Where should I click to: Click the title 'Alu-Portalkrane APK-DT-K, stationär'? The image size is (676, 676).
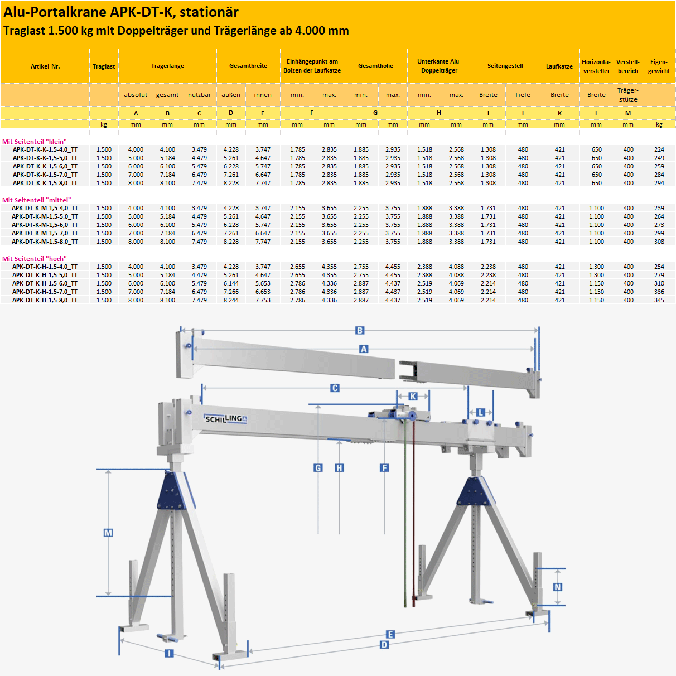pyautogui.click(x=121, y=12)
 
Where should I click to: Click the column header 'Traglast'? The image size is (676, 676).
pyautogui.click(x=104, y=66)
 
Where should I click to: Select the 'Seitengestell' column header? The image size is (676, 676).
pyautogui.click(x=505, y=66)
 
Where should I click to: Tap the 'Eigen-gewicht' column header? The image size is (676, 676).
pyautogui.click(x=659, y=66)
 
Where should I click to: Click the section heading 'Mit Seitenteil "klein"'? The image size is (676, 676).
pyautogui.click(x=34, y=142)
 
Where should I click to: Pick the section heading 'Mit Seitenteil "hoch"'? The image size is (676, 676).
pyautogui.click(x=34, y=259)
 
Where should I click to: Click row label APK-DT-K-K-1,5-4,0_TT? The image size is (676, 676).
pyautogui.click(x=45, y=149)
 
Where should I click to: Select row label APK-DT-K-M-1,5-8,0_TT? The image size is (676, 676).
pyautogui.click(x=45, y=242)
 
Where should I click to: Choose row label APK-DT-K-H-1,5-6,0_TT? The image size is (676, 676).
pyautogui.click(x=45, y=283)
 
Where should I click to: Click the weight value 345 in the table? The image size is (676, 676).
pyautogui.click(x=659, y=300)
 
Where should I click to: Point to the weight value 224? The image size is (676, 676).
pyautogui.click(x=659, y=149)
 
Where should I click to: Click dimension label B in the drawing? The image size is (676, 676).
pyautogui.click(x=360, y=331)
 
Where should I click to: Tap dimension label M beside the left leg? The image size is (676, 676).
pyautogui.click(x=108, y=533)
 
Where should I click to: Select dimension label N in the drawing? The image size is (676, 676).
pyautogui.click(x=557, y=587)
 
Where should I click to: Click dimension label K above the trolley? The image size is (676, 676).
pyautogui.click(x=413, y=396)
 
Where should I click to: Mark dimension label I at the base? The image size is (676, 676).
pyautogui.click(x=169, y=653)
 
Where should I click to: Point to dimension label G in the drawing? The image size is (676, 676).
pyautogui.click(x=318, y=468)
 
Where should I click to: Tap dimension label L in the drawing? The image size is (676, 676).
pyautogui.click(x=480, y=413)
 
